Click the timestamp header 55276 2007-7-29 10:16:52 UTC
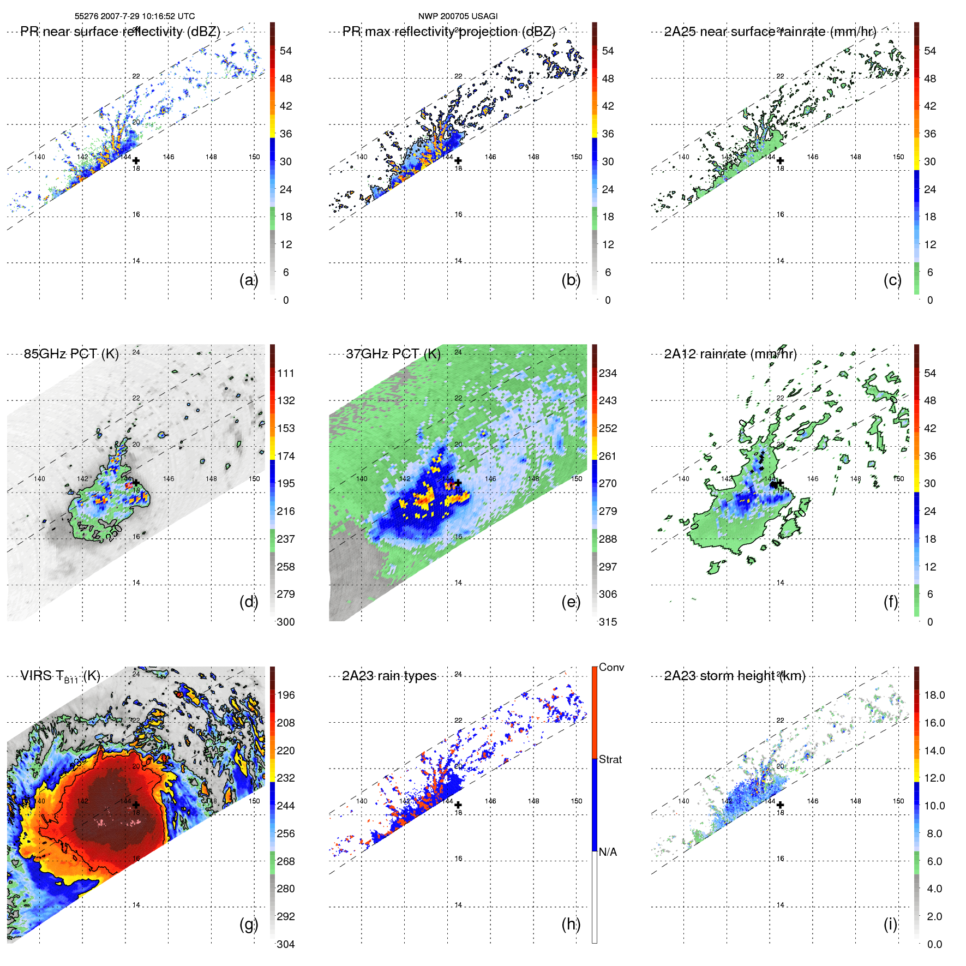point(134,16)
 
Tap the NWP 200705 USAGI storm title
point(458,16)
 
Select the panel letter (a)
point(248,280)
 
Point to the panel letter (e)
point(571,602)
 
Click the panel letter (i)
point(890,924)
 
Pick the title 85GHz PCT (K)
point(71,354)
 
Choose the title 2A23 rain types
point(389,676)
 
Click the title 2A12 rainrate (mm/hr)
point(730,354)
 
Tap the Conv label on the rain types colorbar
point(611,667)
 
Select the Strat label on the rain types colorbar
point(610,759)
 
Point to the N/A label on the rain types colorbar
point(608,852)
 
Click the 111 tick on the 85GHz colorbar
point(286,373)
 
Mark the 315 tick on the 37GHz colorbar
point(608,622)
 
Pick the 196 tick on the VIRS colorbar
point(286,695)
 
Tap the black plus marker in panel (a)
point(136,161)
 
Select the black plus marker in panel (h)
point(458,805)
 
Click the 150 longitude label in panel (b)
point(576,157)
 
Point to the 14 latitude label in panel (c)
point(780,261)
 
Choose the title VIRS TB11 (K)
point(60,676)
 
